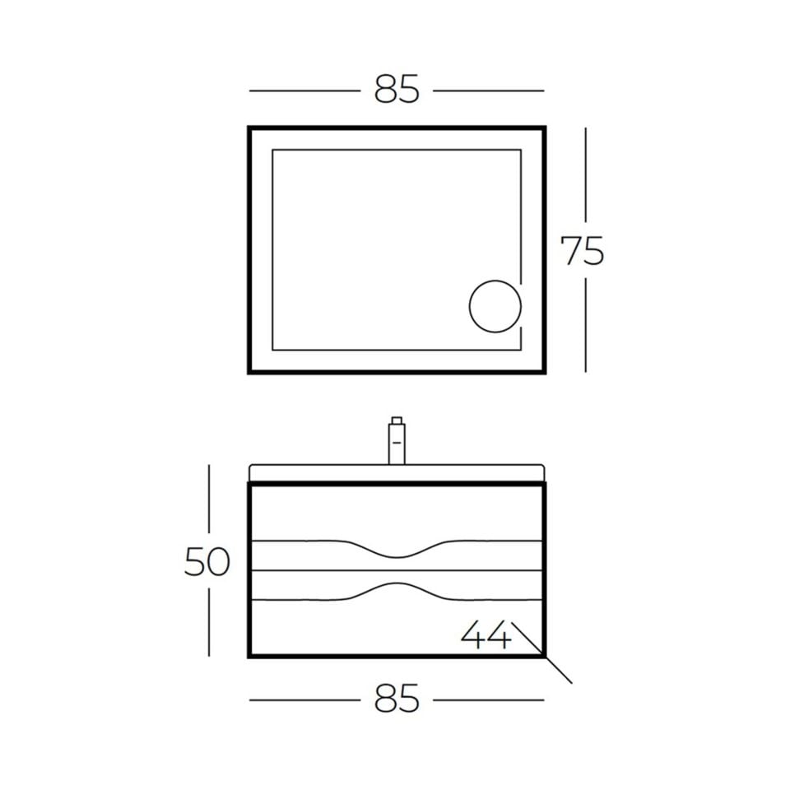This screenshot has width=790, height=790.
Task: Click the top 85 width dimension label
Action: coord(397,90)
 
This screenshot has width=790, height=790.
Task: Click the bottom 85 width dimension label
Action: coord(397,699)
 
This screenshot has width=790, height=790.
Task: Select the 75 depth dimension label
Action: coord(582,251)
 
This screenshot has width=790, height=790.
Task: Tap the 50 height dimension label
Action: coord(207,561)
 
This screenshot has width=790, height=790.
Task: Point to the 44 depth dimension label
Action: coord(486,634)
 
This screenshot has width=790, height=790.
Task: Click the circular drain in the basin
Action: coord(495,306)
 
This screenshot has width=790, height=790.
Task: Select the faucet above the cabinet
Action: coord(397,440)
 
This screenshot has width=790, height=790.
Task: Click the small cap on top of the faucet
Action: coord(397,421)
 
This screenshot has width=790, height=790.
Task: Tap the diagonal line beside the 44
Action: coord(542,653)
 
